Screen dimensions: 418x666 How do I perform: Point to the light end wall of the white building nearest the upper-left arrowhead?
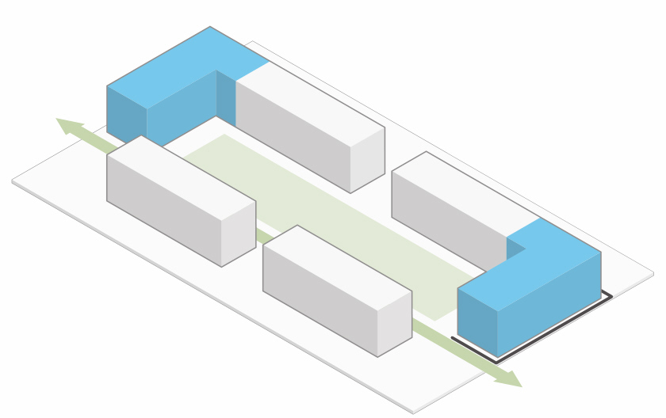tap(238, 234)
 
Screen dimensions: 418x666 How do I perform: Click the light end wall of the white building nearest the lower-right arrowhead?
tap(394, 325)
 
